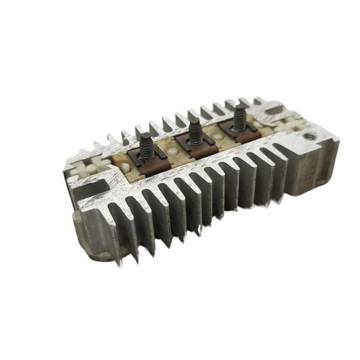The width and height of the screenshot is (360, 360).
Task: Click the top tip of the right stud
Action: click(238, 107)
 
